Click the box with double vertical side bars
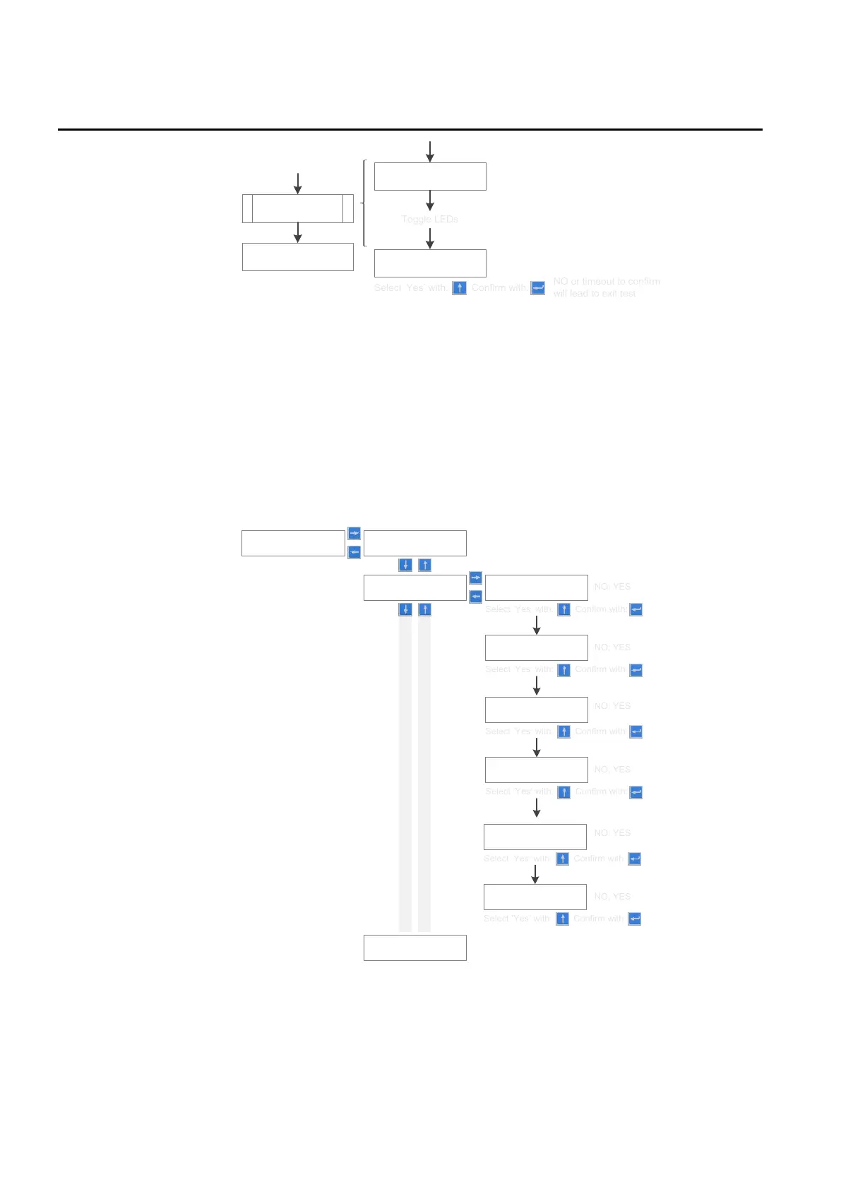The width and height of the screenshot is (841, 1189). click(297, 208)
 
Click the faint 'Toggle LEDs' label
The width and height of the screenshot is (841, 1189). click(429, 220)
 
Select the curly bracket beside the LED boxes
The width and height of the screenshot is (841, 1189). click(364, 203)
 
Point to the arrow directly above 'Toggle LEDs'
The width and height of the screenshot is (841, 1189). click(429, 201)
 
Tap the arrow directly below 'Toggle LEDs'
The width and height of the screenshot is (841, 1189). click(429, 239)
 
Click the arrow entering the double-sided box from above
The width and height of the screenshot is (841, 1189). click(297, 183)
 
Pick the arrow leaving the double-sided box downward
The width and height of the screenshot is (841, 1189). click(297, 232)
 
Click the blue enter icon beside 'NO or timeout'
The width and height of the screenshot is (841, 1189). click(537, 288)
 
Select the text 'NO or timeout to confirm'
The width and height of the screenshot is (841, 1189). click(607, 281)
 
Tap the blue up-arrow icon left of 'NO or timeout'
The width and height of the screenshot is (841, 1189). click(459, 288)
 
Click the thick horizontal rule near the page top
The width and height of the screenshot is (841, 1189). click(410, 130)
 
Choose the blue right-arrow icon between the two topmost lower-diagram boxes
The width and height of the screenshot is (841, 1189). click(354, 534)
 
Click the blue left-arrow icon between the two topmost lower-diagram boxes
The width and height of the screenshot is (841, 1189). click(354, 552)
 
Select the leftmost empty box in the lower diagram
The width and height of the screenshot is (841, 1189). click(293, 543)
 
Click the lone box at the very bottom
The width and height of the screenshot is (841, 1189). click(414, 948)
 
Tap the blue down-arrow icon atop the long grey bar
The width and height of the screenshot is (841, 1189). click(405, 609)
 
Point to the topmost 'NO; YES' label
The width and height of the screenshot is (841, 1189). click(612, 587)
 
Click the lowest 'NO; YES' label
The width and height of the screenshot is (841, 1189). click(612, 897)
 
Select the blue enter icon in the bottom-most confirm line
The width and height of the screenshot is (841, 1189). click(635, 919)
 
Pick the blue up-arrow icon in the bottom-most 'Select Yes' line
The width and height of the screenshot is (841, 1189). click(562, 919)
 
